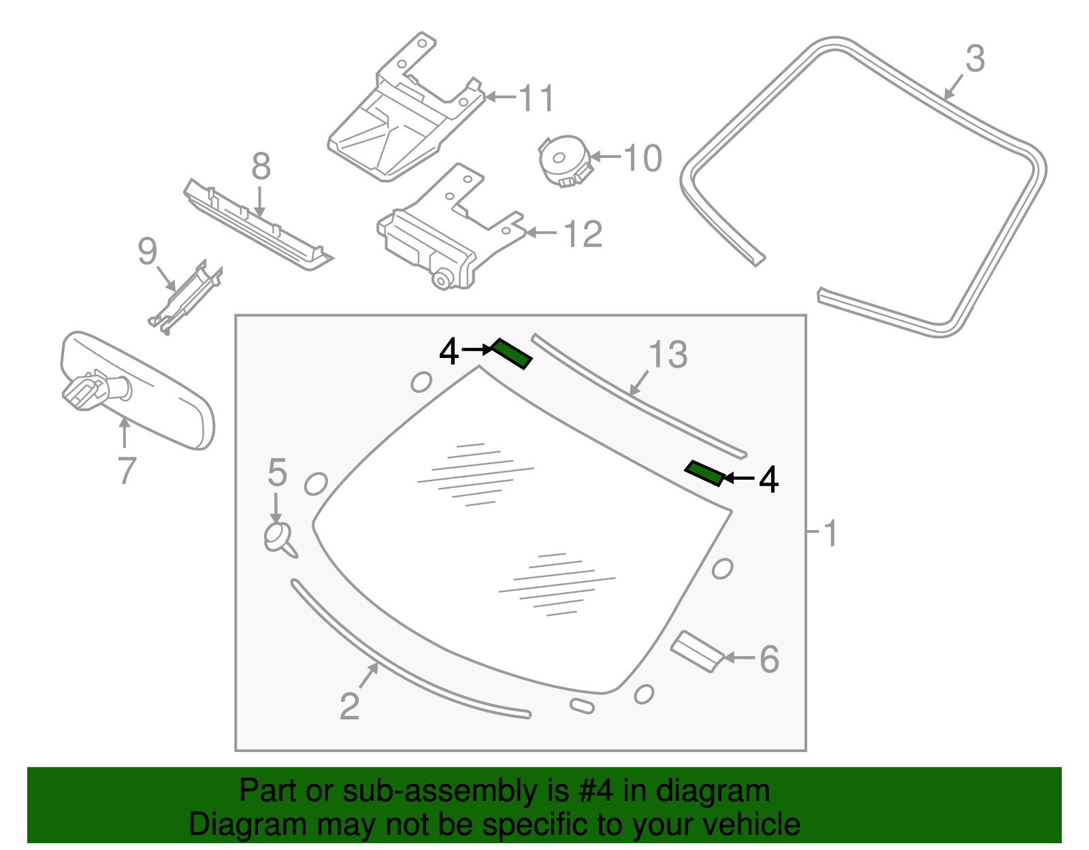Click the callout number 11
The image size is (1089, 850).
(x=537, y=99)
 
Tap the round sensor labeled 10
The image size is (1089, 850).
(x=562, y=160)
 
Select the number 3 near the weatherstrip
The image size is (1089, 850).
(x=975, y=59)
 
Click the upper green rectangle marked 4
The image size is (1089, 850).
(x=512, y=354)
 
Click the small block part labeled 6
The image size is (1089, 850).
(x=696, y=651)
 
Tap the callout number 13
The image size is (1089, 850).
(x=668, y=355)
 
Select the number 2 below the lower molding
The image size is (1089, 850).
(x=349, y=706)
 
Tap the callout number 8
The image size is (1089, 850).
(x=261, y=167)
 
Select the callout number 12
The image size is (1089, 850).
(x=583, y=235)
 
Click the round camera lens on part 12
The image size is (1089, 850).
(x=442, y=278)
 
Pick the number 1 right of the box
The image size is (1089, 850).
(x=830, y=534)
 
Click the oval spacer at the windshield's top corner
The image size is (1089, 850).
(x=421, y=382)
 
